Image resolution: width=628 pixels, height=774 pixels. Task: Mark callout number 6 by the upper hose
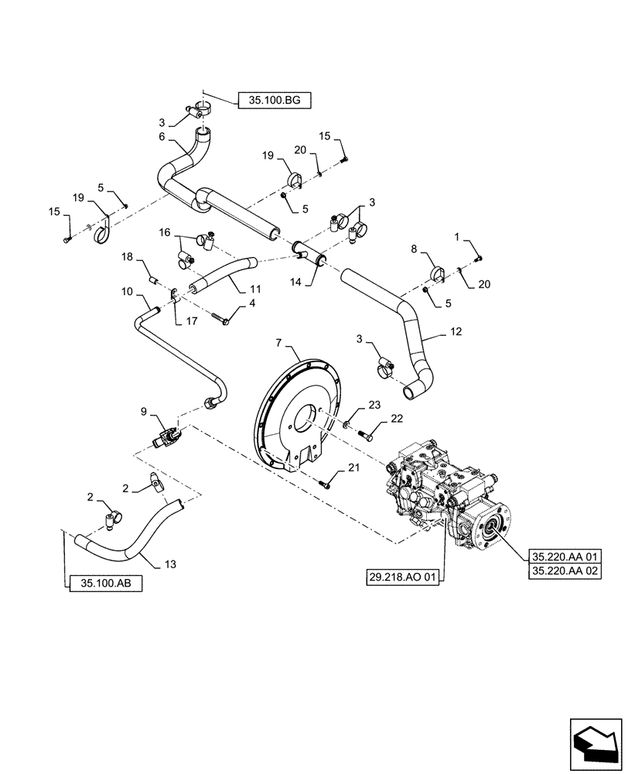(162, 137)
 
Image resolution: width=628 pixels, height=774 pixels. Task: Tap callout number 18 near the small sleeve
(127, 255)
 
